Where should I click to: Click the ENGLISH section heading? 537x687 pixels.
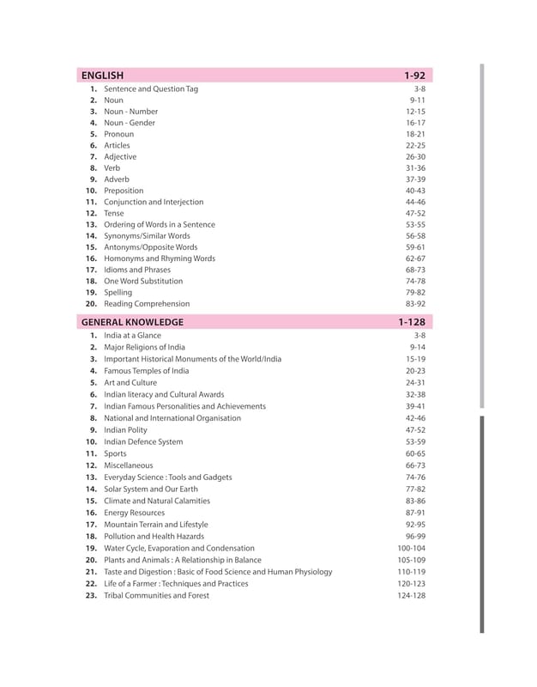pyautogui.click(x=102, y=76)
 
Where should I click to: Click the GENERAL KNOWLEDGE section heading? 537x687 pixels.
pyautogui.click(x=132, y=322)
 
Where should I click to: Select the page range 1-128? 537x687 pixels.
pyautogui.click(x=412, y=322)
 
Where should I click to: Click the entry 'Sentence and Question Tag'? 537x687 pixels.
pyautogui.click(x=150, y=89)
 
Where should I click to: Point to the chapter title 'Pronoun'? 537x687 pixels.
pyautogui.click(x=118, y=135)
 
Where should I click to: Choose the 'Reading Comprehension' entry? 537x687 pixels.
pyautogui.click(x=147, y=304)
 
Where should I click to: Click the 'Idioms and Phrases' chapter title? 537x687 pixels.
pyautogui.click(x=137, y=270)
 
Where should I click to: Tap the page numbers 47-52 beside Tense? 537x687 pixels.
pyautogui.click(x=415, y=213)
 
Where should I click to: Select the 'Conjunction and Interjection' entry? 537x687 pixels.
pyautogui.click(x=154, y=202)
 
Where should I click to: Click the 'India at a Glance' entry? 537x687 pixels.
pyautogui.click(x=132, y=336)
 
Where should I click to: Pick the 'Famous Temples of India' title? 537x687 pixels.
pyautogui.click(x=146, y=370)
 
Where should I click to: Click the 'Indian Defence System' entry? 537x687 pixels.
pyautogui.click(x=143, y=442)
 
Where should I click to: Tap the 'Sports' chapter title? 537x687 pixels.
pyautogui.click(x=115, y=453)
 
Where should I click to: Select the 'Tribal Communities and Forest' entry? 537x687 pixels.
pyautogui.click(x=156, y=595)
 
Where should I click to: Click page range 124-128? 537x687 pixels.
pyautogui.click(x=411, y=595)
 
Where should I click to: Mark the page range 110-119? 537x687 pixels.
pyautogui.click(x=411, y=572)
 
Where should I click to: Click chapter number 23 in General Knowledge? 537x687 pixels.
pyautogui.click(x=91, y=595)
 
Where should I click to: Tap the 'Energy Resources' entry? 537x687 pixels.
pyautogui.click(x=134, y=513)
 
